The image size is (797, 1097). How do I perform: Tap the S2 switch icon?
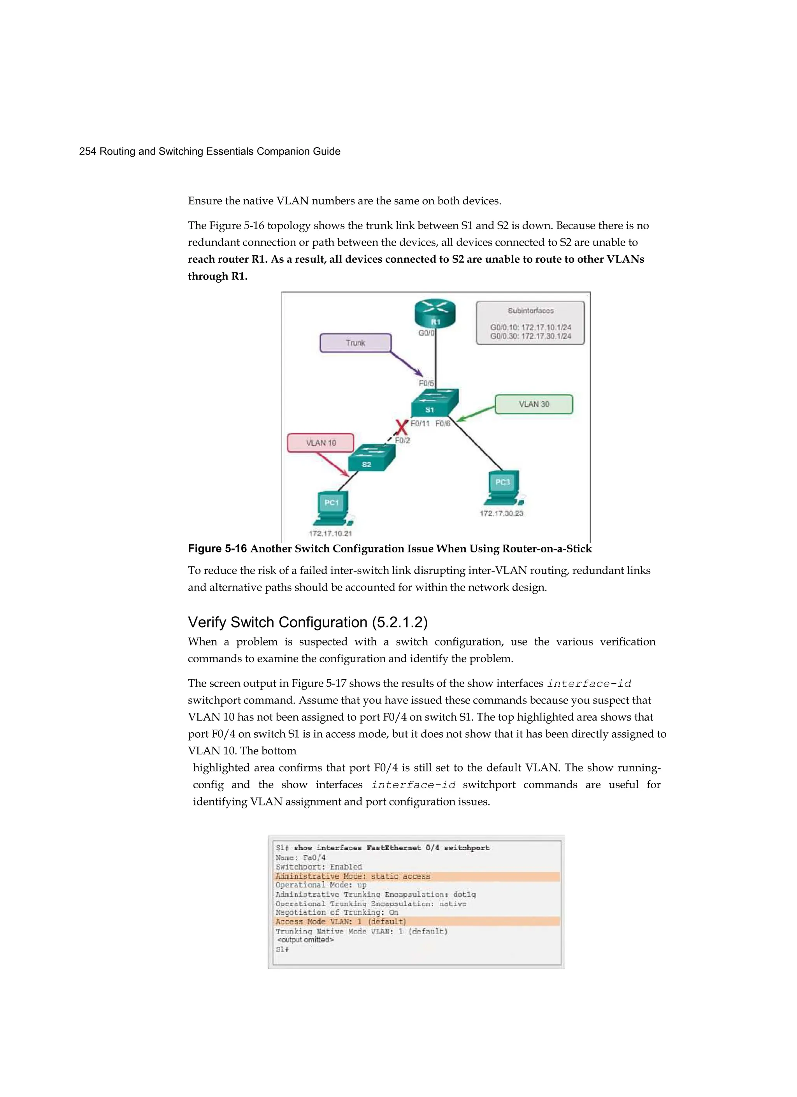(371, 457)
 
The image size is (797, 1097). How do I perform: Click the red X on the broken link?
(401, 427)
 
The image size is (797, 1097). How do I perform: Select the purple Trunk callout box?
(355, 343)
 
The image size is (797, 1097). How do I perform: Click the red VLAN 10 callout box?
(321, 443)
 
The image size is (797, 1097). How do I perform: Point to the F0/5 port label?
(426, 383)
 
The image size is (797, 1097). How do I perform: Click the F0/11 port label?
(420, 423)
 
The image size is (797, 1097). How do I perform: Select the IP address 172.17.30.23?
(502, 513)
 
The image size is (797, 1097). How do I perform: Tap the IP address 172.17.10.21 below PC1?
(330, 533)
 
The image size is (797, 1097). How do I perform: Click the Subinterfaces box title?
(530, 311)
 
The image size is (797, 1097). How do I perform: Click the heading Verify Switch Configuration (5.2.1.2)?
(307, 622)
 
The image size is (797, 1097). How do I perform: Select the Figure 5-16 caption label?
(217, 548)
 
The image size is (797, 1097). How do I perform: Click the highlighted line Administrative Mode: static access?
(353, 876)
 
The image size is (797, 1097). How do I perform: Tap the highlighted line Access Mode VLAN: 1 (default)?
(341, 921)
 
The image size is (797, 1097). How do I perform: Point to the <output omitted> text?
(305, 939)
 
